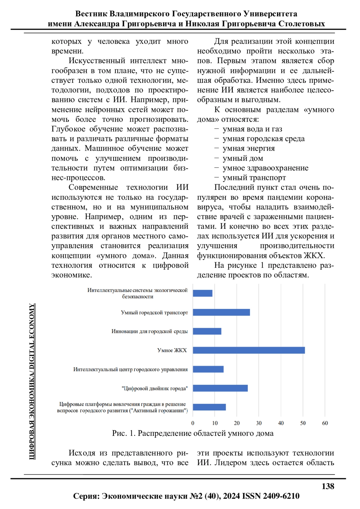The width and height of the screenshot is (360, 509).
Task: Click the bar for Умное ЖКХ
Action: (x=249, y=350)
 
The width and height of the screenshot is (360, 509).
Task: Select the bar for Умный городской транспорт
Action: (x=221, y=312)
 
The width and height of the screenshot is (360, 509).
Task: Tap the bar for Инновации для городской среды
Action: (x=207, y=331)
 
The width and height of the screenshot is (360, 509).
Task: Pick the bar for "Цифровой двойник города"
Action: (x=220, y=388)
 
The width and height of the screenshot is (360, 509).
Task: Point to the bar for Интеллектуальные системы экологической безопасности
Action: (x=202, y=293)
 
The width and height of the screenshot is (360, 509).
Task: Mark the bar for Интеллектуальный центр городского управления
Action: (x=208, y=369)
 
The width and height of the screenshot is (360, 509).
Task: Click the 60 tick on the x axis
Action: (x=325, y=423)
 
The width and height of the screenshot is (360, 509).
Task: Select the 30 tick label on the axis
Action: (x=259, y=423)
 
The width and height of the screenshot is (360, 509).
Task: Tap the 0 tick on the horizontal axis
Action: (x=193, y=423)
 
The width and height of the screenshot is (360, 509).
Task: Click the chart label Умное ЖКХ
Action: (x=172, y=350)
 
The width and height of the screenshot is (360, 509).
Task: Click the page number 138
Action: (x=328, y=486)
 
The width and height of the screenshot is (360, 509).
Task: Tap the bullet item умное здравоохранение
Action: (x=265, y=168)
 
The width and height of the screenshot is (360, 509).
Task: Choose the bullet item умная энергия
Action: (x=248, y=148)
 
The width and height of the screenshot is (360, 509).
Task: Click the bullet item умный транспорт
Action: (x=254, y=178)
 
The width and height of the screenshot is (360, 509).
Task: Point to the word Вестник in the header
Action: (x=91, y=14)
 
